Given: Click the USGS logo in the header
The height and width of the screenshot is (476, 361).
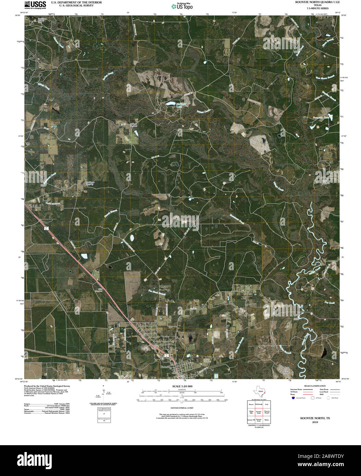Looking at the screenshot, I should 35,4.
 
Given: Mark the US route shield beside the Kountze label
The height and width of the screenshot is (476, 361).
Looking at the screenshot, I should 165,357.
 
